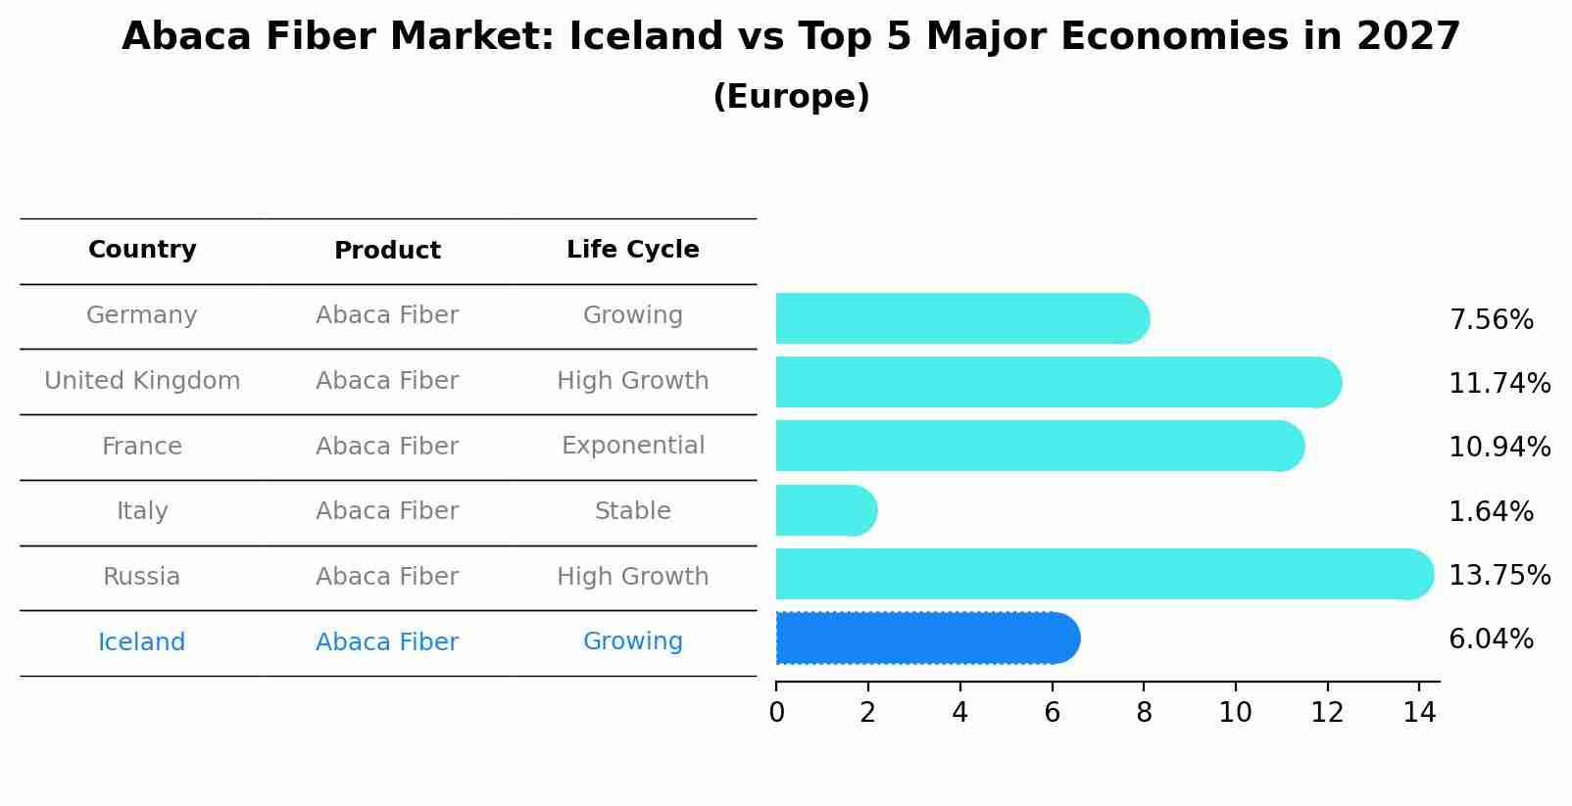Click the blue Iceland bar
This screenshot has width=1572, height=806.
[926, 639]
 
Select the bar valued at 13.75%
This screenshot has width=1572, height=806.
[1103, 574]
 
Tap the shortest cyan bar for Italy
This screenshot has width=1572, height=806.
[825, 510]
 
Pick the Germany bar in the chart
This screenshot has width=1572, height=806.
[960, 318]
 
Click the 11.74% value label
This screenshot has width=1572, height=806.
[1498, 383]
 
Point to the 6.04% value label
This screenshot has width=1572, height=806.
[1491, 640]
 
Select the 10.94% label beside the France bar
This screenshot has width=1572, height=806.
[1498, 447]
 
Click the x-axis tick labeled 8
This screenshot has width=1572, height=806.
[1144, 713]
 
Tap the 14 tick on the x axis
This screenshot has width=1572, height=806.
[1419, 713]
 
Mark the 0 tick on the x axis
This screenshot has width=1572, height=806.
[776, 713]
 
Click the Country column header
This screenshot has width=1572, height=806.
[142, 250]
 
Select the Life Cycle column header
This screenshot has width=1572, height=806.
[632, 250]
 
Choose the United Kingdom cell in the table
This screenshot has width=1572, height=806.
[142, 381]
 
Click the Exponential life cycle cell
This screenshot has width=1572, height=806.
[632, 446]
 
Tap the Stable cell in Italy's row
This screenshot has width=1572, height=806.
[632, 511]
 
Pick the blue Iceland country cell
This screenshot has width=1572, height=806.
[141, 642]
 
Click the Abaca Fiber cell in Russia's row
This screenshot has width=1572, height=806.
[387, 577]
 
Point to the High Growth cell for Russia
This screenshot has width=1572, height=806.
[632, 577]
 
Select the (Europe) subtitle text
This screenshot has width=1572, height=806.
[791, 97]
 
